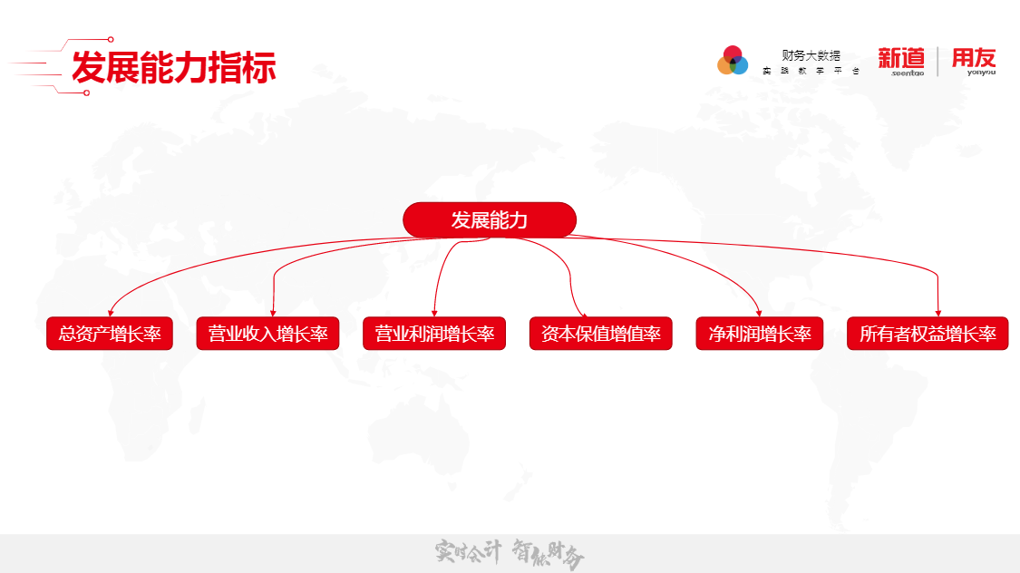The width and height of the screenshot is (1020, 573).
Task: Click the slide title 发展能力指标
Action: click(x=173, y=67)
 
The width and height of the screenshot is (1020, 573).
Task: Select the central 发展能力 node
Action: click(x=490, y=220)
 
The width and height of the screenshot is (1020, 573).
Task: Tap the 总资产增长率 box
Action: click(x=110, y=334)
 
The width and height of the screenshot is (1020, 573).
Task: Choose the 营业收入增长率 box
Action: click(x=267, y=334)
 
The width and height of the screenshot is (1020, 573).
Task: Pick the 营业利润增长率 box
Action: click(x=434, y=334)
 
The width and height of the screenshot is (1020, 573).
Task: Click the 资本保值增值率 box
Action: click(x=600, y=334)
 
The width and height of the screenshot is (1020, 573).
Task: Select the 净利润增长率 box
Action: click(x=760, y=334)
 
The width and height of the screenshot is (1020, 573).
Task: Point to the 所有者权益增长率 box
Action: click(x=928, y=334)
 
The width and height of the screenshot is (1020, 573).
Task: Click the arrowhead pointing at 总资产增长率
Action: click(x=111, y=312)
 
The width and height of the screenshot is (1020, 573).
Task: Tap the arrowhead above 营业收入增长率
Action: click(x=274, y=312)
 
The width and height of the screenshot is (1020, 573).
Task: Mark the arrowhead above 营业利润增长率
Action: click(x=434, y=312)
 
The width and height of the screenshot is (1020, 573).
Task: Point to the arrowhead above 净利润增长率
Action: click(x=760, y=312)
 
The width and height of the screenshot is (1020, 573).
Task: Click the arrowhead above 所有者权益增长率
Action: click(x=937, y=312)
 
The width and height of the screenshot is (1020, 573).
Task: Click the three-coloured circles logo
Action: click(x=733, y=61)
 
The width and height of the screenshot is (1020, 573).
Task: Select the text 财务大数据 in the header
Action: click(x=811, y=55)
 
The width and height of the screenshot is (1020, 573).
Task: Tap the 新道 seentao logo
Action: click(x=901, y=61)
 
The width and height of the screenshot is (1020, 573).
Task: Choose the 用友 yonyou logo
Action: click(x=973, y=61)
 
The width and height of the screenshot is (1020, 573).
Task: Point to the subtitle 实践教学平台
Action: click(x=811, y=71)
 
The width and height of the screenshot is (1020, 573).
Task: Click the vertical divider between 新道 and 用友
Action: click(x=937, y=61)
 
